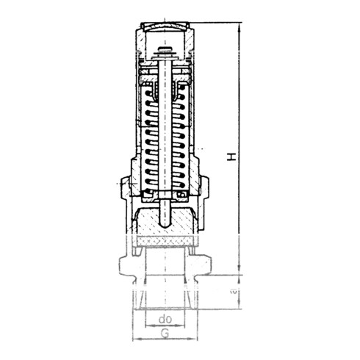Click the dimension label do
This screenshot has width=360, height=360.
click(x=165, y=320)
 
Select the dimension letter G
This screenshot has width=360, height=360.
click(x=165, y=333)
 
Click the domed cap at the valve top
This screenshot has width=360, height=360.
click(x=165, y=29)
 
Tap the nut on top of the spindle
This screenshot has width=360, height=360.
click(x=166, y=51)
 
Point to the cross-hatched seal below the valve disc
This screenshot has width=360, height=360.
click(x=166, y=240)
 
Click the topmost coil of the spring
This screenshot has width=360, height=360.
click(x=166, y=96)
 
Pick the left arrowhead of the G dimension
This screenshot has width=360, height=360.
click(x=135, y=339)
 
